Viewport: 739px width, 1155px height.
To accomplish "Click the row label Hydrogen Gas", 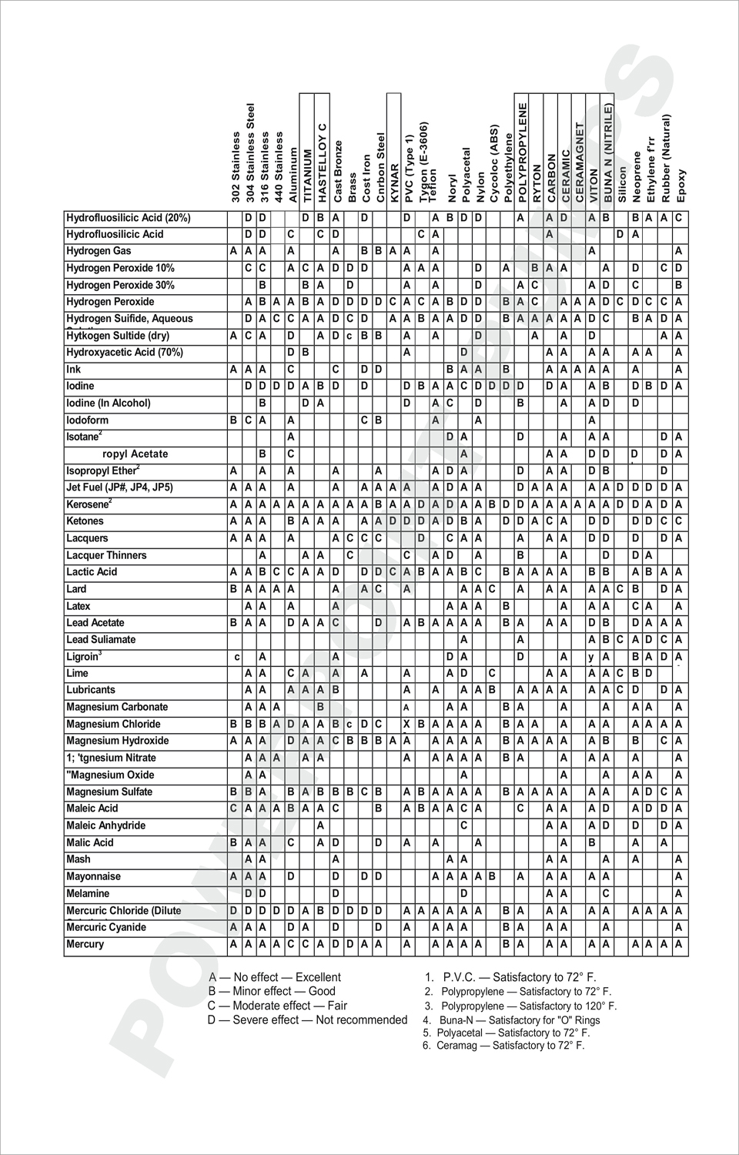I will (x=99, y=251).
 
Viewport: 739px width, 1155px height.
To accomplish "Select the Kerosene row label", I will (x=88, y=504).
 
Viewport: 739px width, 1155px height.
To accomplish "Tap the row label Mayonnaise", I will (x=93, y=876).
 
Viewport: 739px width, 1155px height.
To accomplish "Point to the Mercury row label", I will (x=85, y=944).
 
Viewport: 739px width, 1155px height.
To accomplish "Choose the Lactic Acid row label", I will (x=92, y=572).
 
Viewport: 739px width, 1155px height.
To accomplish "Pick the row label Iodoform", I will (x=87, y=420).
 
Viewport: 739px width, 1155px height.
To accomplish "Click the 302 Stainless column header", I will (x=235, y=167).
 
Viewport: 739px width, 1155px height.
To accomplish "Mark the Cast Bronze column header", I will (x=337, y=171).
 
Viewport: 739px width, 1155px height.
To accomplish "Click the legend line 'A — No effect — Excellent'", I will (x=275, y=977).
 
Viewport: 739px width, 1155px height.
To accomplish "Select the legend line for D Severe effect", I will (x=307, y=1020).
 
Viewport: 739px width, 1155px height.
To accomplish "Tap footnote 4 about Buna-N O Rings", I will (x=512, y=1020).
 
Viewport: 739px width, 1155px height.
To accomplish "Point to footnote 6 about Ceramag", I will (x=503, y=1046).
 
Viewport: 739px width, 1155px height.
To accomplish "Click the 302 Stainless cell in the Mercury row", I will (x=234, y=944).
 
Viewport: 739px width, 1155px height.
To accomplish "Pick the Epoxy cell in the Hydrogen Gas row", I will (x=679, y=251).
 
